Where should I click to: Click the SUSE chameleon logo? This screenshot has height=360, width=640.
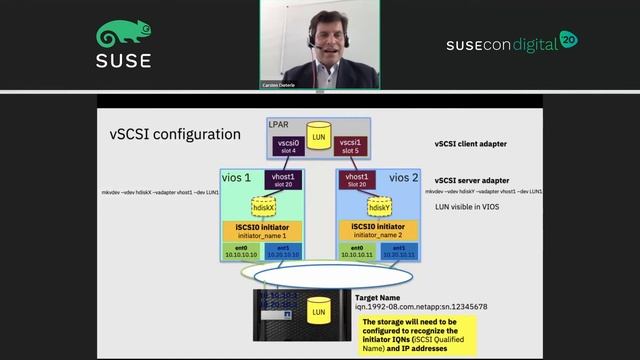(x=124, y=35)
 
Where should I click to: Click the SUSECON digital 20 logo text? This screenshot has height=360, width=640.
(x=511, y=44)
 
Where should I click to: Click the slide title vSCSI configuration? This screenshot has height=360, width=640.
(x=174, y=133)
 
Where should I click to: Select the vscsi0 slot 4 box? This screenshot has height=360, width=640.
(x=288, y=147)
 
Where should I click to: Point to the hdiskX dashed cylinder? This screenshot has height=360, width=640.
(x=264, y=206)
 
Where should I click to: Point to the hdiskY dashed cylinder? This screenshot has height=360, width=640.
(x=379, y=206)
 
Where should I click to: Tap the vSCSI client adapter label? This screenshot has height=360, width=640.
(x=470, y=144)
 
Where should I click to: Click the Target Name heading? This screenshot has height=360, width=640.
(x=381, y=297)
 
